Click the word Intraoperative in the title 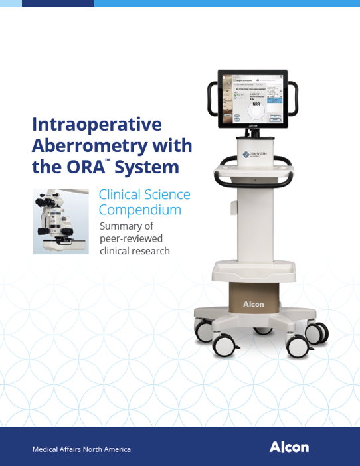[x=98, y=124]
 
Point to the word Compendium [x=139, y=210]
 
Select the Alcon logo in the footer [x=289, y=447]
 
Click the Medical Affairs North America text [x=82, y=449]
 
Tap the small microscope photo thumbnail [x=60, y=221]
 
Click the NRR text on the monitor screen [x=256, y=104]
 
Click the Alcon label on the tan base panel [x=253, y=304]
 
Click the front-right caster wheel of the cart [x=298, y=347]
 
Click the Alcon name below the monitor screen [x=253, y=125]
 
